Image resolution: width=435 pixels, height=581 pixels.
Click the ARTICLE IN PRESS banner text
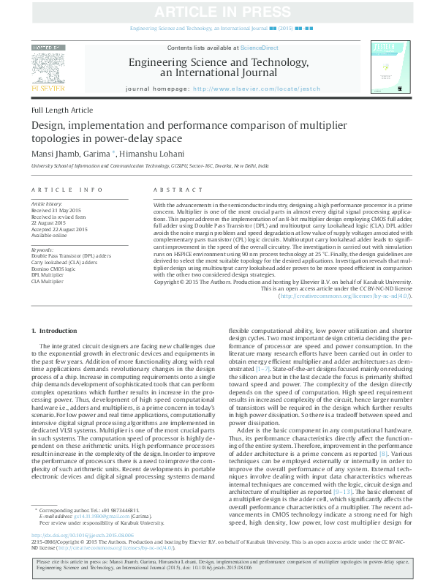click(x=217, y=12)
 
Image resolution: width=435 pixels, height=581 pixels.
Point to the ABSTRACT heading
click(x=172, y=189)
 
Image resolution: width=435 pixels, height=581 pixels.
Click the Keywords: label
click(x=43, y=250)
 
